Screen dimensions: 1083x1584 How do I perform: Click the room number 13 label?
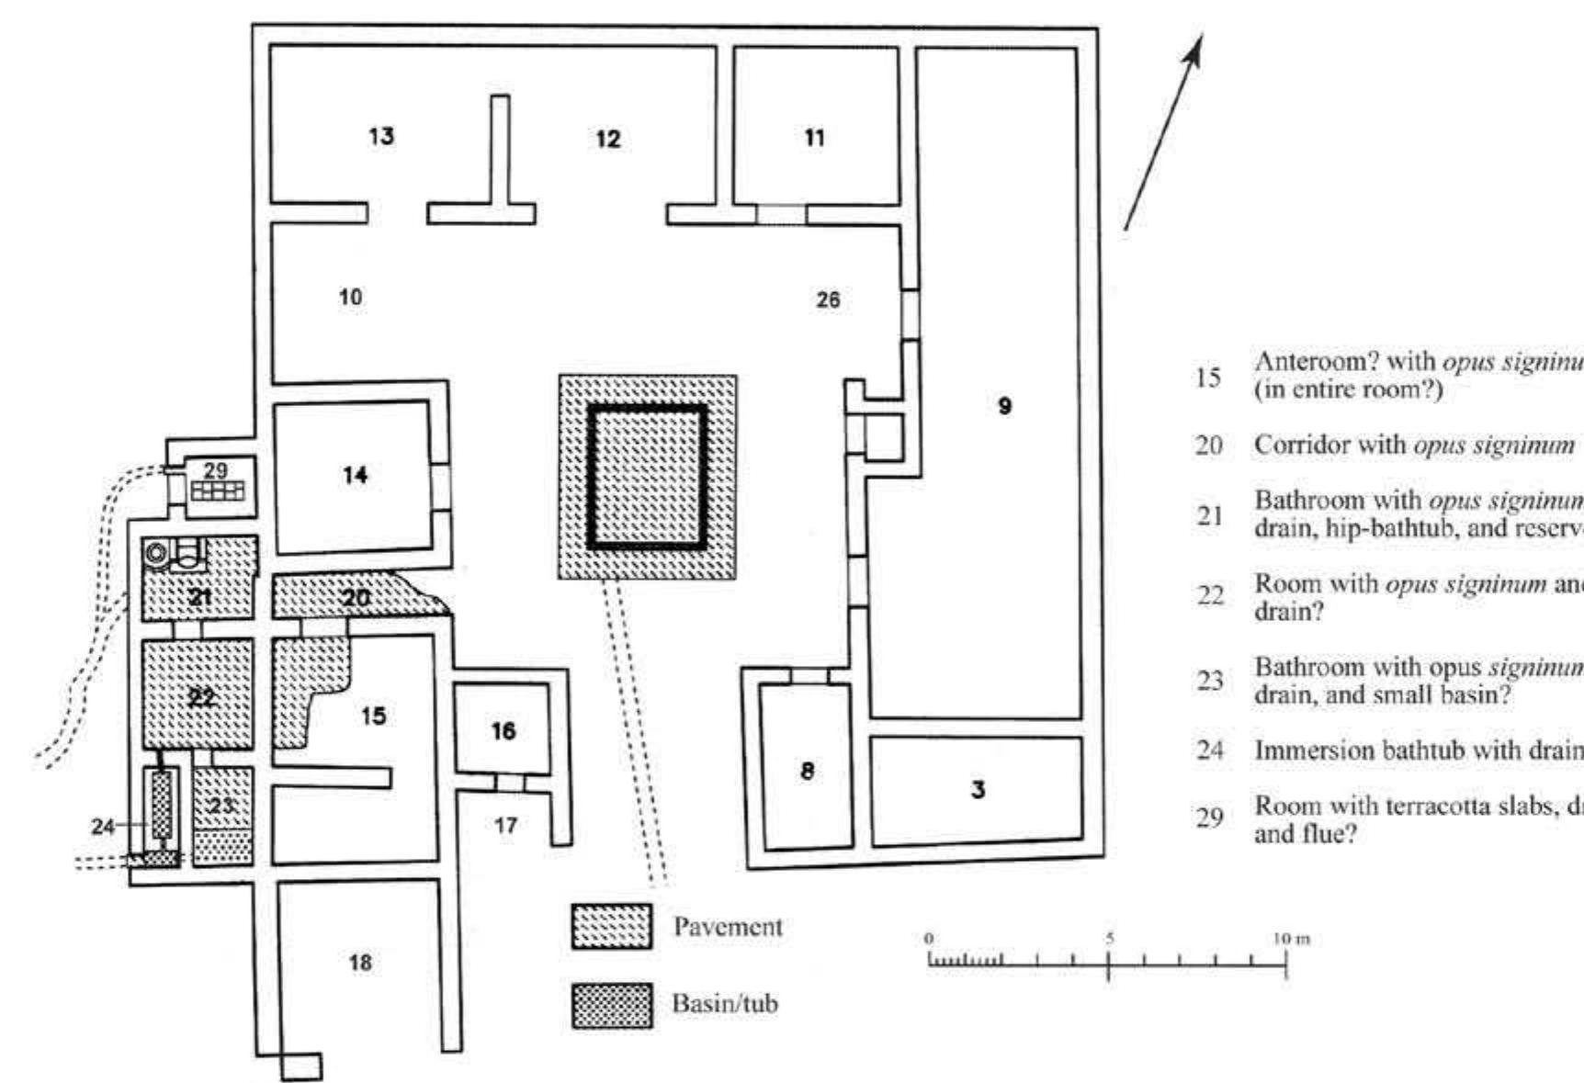click(381, 136)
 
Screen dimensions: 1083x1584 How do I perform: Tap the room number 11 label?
click(814, 138)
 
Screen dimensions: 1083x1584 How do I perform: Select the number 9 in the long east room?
click(1004, 405)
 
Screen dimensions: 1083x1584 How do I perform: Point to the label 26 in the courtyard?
click(828, 299)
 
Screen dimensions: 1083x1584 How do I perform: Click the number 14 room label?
click(355, 475)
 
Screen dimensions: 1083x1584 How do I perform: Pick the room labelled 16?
click(503, 731)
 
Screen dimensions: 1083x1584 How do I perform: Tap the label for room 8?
click(807, 771)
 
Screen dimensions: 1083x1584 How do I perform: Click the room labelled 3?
click(978, 789)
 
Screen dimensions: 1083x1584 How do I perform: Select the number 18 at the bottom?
click(360, 962)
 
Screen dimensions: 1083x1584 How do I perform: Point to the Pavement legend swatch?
click(612, 926)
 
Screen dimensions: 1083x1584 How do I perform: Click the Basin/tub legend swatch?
click(612, 1005)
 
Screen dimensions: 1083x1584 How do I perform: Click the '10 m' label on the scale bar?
click(1290, 939)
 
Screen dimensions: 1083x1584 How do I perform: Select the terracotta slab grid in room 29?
click(218, 491)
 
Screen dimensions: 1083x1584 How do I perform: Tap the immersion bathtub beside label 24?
click(162, 804)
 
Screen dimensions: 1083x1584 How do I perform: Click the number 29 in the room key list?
click(1209, 816)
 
